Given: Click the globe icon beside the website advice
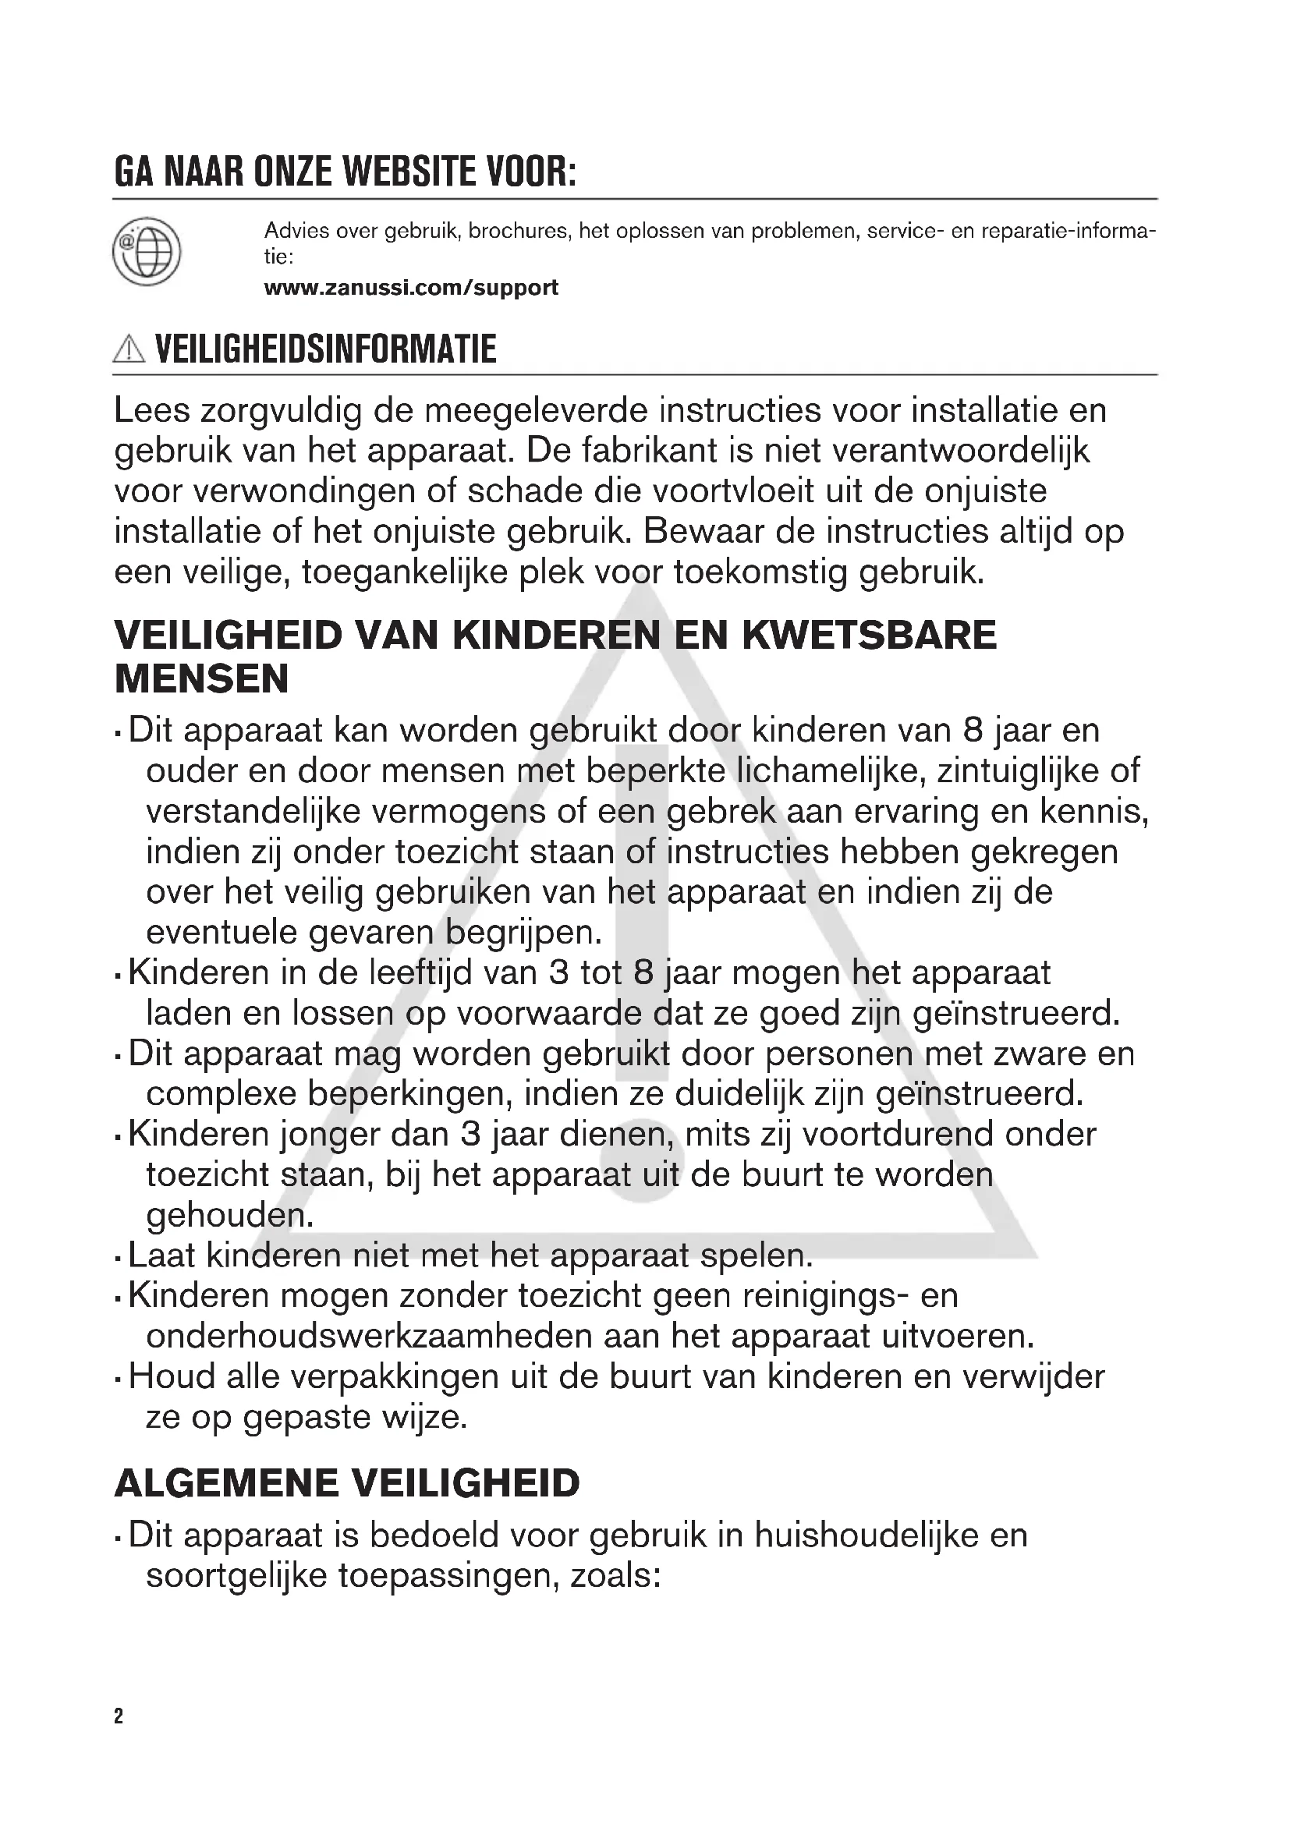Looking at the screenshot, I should pyautogui.click(x=147, y=252).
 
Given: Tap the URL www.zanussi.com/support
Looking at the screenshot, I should pyautogui.click(x=411, y=288).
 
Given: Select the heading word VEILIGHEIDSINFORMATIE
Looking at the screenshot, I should pyautogui.click(x=326, y=349).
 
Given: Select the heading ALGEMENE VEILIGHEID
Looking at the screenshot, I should pyautogui.click(x=347, y=1483).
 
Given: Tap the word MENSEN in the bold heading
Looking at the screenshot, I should pyautogui.click(x=202, y=679).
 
